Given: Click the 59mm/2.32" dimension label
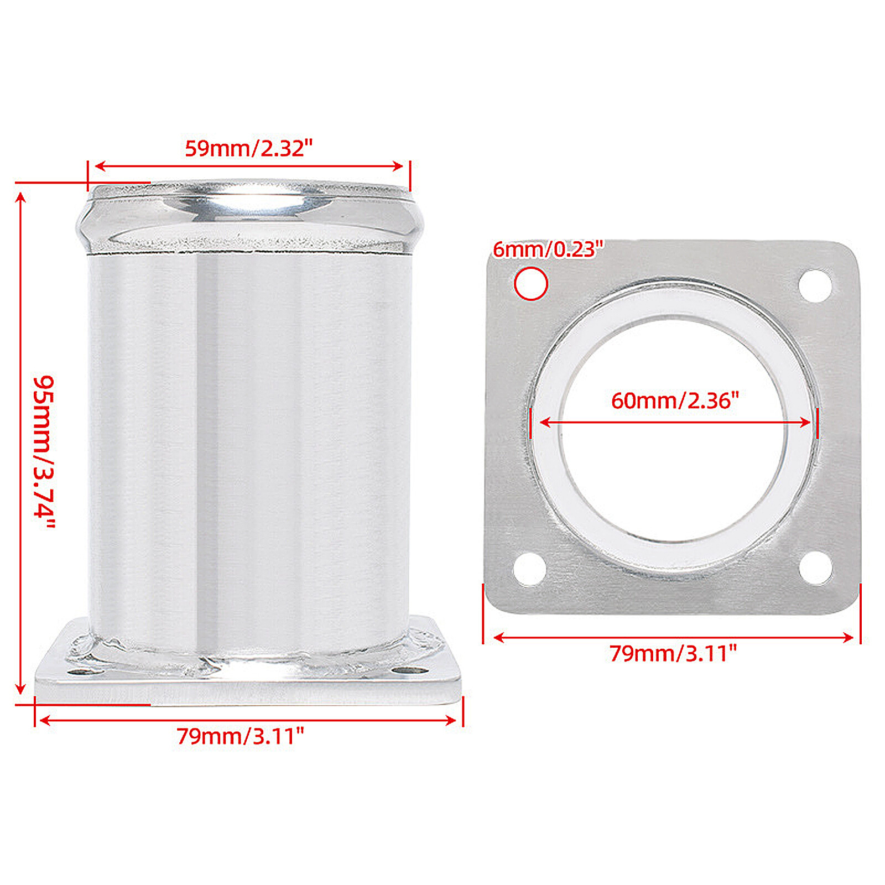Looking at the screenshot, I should (248, 148).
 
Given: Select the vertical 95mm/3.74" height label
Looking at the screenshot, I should (44, 451).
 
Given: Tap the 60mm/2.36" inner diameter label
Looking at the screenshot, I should (675, 400).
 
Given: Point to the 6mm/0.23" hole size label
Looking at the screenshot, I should (548, 250).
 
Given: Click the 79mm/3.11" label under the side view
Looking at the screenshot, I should (240, 736).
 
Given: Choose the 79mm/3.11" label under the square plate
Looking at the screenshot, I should (673, 654).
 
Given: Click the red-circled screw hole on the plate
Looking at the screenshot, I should (531, 284).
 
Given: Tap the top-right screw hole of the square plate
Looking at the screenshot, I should (815, 285).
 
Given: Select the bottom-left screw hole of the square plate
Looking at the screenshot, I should (530, 569).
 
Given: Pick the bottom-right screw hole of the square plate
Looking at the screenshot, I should (816, 568).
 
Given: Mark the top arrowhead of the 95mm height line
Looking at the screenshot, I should (20, 197).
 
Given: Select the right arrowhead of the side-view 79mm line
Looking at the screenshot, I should (451, 720).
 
